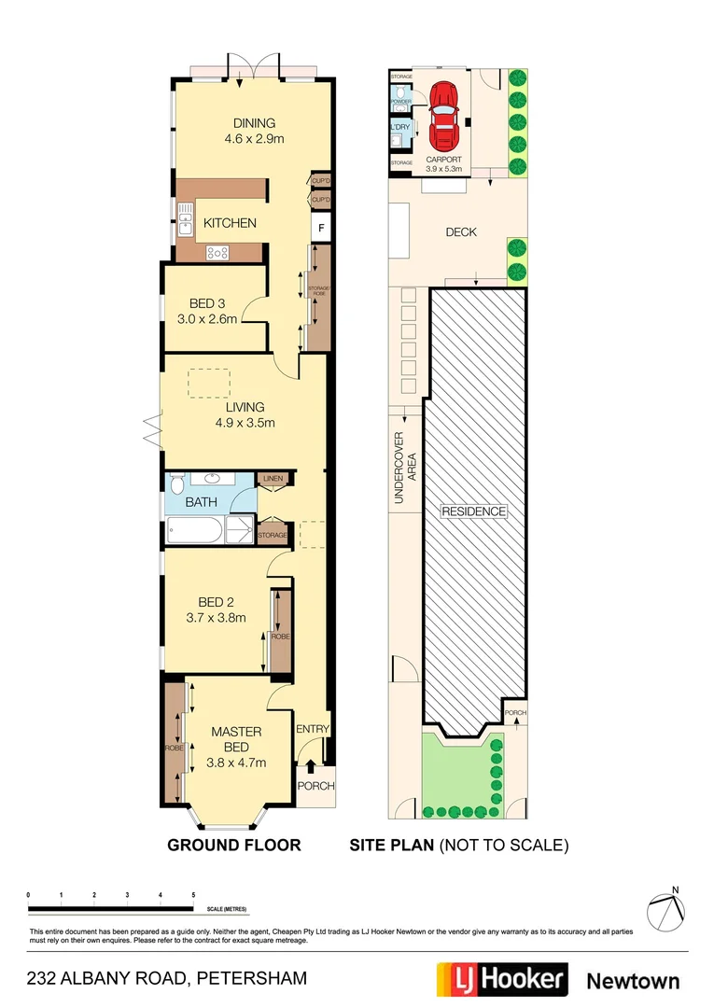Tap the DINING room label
click(x=254, y=123)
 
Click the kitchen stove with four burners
click(x=218, y=251)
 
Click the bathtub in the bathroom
click(x=195, y=532)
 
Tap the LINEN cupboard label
click(x=273, y=479)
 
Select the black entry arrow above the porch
click(x=311, y=766)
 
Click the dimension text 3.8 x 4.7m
click(x=235, y=762)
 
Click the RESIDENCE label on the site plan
click(x=473, y=511)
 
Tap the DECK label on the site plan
click(x=460, y=231)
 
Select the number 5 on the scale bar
click(x=193, y=894)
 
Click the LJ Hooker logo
click(x=502, y=979)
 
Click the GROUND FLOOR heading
click(x=233, y=846)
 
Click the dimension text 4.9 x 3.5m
click(x=244, y=423)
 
